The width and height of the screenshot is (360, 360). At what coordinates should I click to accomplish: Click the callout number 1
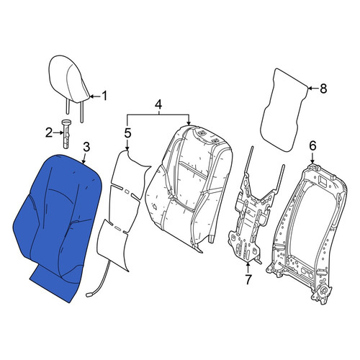(x=104, y=96)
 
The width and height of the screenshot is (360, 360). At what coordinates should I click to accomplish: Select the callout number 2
(x=49, y=132)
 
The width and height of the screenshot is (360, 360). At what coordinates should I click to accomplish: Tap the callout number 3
(x=86, y=147)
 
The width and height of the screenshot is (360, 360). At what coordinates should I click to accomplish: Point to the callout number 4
(x=158, y=104)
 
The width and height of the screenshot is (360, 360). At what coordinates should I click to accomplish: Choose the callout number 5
(x=127, y=133)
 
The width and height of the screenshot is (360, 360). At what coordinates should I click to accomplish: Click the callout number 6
(x=312, y=145)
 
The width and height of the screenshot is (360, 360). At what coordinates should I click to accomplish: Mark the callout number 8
(x=323, y=89)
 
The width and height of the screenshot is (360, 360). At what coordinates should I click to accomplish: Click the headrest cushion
(x=69, y=79)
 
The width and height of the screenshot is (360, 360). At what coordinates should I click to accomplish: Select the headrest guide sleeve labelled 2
(x=66, y=134)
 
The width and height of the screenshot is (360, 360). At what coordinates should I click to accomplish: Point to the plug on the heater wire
(x=89, y=294)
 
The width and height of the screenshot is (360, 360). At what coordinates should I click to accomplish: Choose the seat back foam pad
(x=189, y=187)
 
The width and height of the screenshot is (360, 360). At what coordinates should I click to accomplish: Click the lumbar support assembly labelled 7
(x=252, y=216)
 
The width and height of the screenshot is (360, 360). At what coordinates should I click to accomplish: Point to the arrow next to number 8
(x=313, y=89)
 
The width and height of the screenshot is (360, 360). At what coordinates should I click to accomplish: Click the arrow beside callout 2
(x=58, y=132)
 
